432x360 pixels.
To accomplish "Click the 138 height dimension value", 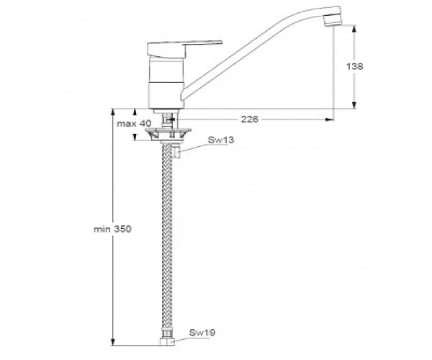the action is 354,66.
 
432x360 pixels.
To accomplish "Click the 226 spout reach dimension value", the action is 250,119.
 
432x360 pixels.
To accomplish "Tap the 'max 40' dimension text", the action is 134,123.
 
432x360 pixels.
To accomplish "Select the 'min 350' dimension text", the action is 112,229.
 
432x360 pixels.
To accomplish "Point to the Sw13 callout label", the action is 221,140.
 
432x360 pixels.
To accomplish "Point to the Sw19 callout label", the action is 202,333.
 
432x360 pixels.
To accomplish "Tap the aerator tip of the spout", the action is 333,20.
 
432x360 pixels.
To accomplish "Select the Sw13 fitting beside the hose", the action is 176,153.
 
